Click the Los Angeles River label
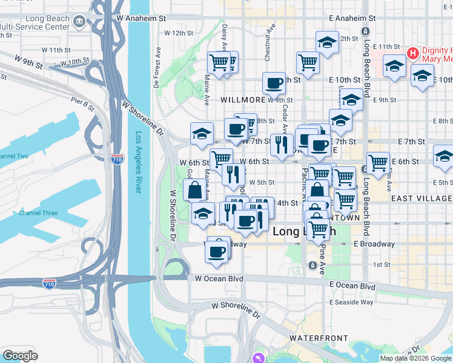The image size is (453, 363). tap(139, 163)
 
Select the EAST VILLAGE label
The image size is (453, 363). tap(422, 198)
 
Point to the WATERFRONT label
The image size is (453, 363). tap(319, 338)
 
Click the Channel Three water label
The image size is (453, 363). tap(38, 213)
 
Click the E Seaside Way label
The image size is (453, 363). tap(351, 302)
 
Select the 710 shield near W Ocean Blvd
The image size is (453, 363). tap(50, 283)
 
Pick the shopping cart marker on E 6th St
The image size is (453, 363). tap(378, 162)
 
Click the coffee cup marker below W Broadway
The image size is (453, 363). tap(217, 250)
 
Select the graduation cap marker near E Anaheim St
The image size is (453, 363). tap(327, 42)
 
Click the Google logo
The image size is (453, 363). tap(21, 355)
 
